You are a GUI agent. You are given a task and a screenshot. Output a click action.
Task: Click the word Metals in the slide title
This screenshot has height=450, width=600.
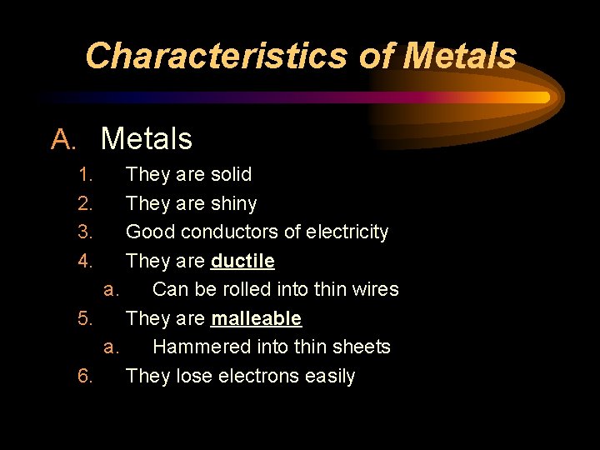pos(459,56)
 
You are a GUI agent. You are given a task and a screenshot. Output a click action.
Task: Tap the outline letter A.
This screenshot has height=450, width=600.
pos(62,139)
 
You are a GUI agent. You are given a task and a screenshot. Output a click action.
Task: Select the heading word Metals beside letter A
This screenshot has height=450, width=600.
pos(147,139)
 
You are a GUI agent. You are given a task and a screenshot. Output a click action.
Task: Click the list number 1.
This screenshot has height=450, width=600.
pos(85,174)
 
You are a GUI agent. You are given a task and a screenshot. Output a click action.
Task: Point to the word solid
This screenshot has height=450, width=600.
pos(231,174)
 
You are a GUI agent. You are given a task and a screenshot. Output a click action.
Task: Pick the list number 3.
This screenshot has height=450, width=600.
pos(85,232)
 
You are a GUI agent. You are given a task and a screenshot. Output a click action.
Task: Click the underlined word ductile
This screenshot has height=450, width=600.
pos(242,261)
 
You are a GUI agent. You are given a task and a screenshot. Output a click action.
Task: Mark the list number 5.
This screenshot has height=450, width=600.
pos(85,318)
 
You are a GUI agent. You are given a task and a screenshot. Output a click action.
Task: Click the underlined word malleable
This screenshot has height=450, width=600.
pos(256,318)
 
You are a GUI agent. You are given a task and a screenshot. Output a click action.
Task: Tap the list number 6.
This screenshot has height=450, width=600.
pos(85,376)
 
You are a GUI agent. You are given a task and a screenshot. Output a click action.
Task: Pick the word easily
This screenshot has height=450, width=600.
pos(330,377)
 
